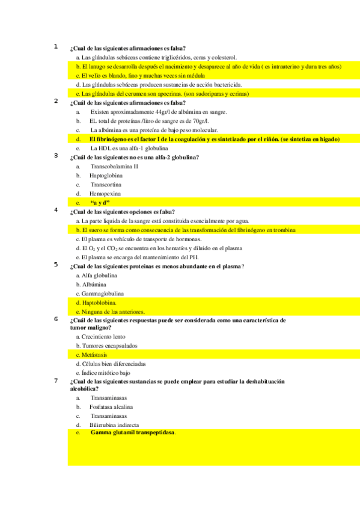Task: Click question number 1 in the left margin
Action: pyautogui.click(x=55, y=46)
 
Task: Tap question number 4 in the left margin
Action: pyautogui.click(x=55, y=210)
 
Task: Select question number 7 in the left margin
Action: pyautogui.click(x=55, y=380)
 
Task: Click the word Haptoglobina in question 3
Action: pyautogui.click(x=105, y=176)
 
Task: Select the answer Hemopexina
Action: pyautogui.click(x=105, y=194)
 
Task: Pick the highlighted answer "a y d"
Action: pyautogui.click(x=100, y=203)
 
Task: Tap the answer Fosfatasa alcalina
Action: pyautogui.click(x=111, y=407)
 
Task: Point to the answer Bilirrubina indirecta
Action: pyautogui.click(x=114, y=425)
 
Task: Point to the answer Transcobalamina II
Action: pyautogui.click(x=114, y=166)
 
